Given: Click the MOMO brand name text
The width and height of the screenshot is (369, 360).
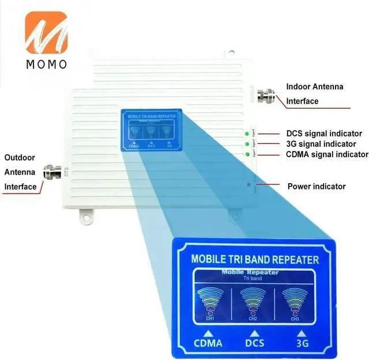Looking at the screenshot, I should click(46, 63).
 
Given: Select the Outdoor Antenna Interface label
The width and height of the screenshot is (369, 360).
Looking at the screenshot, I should click(21, 172).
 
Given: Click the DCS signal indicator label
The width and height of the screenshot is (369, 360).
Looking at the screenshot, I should click(324, 133).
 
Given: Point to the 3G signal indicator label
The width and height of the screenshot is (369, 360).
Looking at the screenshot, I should click(321, 143).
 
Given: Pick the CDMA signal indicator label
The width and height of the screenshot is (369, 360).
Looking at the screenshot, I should click(327, 154).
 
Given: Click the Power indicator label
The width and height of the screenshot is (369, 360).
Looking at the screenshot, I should click(317, 186).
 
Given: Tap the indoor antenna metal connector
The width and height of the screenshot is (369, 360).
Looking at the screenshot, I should click(268, 94).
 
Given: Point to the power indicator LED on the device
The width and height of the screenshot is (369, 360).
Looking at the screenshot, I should click(248, 185).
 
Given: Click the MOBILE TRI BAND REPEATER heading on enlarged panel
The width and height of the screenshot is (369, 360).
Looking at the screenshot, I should click(254, 260).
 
